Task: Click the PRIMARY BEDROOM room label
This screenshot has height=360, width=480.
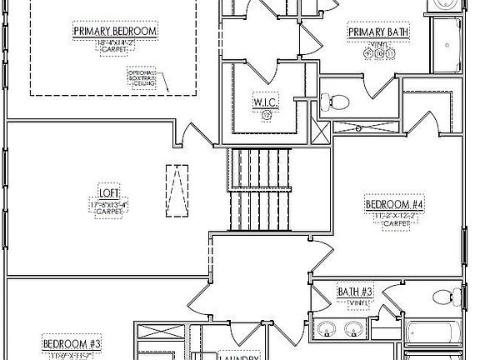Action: [116, 32]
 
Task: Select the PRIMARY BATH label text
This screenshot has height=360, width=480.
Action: [379, 32]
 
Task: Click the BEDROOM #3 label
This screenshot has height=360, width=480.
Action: [72, 343]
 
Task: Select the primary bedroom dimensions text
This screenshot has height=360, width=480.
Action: [116, 41]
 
